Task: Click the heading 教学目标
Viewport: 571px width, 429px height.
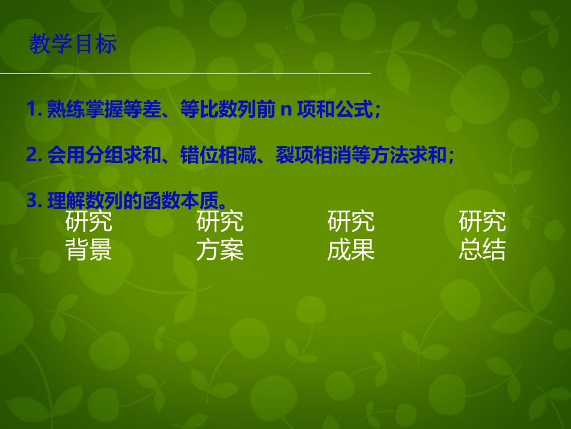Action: click(73, 45)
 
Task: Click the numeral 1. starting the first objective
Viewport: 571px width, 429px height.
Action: click(34, 110)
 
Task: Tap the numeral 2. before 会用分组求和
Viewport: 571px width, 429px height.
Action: click(34, 155)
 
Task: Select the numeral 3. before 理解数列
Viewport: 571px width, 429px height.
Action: click(34, 201)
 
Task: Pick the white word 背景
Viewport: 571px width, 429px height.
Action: click(89, 250)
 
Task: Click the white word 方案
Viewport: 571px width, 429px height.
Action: click(220, 250)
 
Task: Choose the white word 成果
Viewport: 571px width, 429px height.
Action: click(351, 250)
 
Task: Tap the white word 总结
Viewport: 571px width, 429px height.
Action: click(482, 250)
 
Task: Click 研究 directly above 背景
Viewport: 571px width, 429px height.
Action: click(89, 221)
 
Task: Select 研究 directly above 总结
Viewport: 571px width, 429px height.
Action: click(482, 221)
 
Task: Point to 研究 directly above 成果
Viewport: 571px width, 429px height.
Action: click(351, 221)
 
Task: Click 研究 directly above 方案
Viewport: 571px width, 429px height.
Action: click(220, 221)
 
